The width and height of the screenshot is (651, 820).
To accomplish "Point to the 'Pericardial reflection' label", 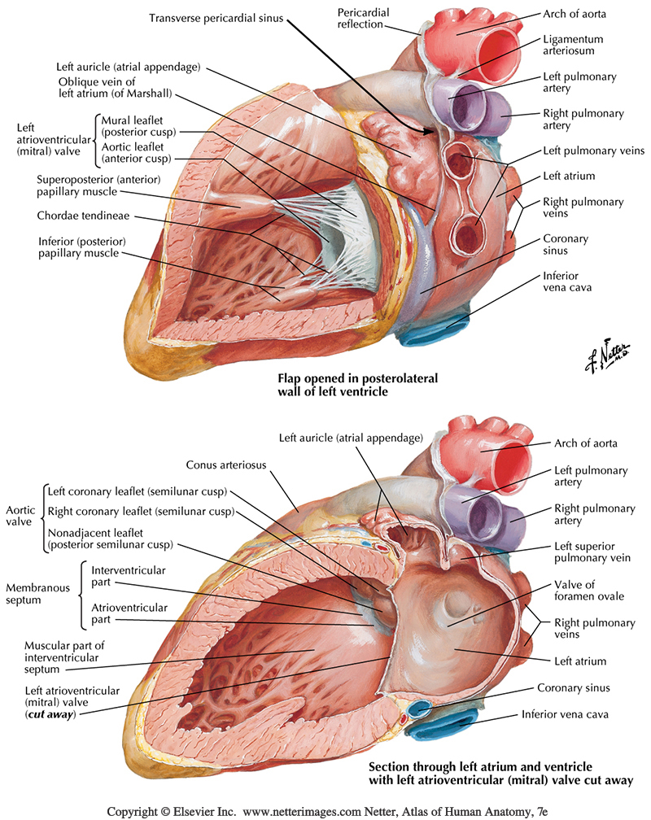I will click(364, 18).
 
